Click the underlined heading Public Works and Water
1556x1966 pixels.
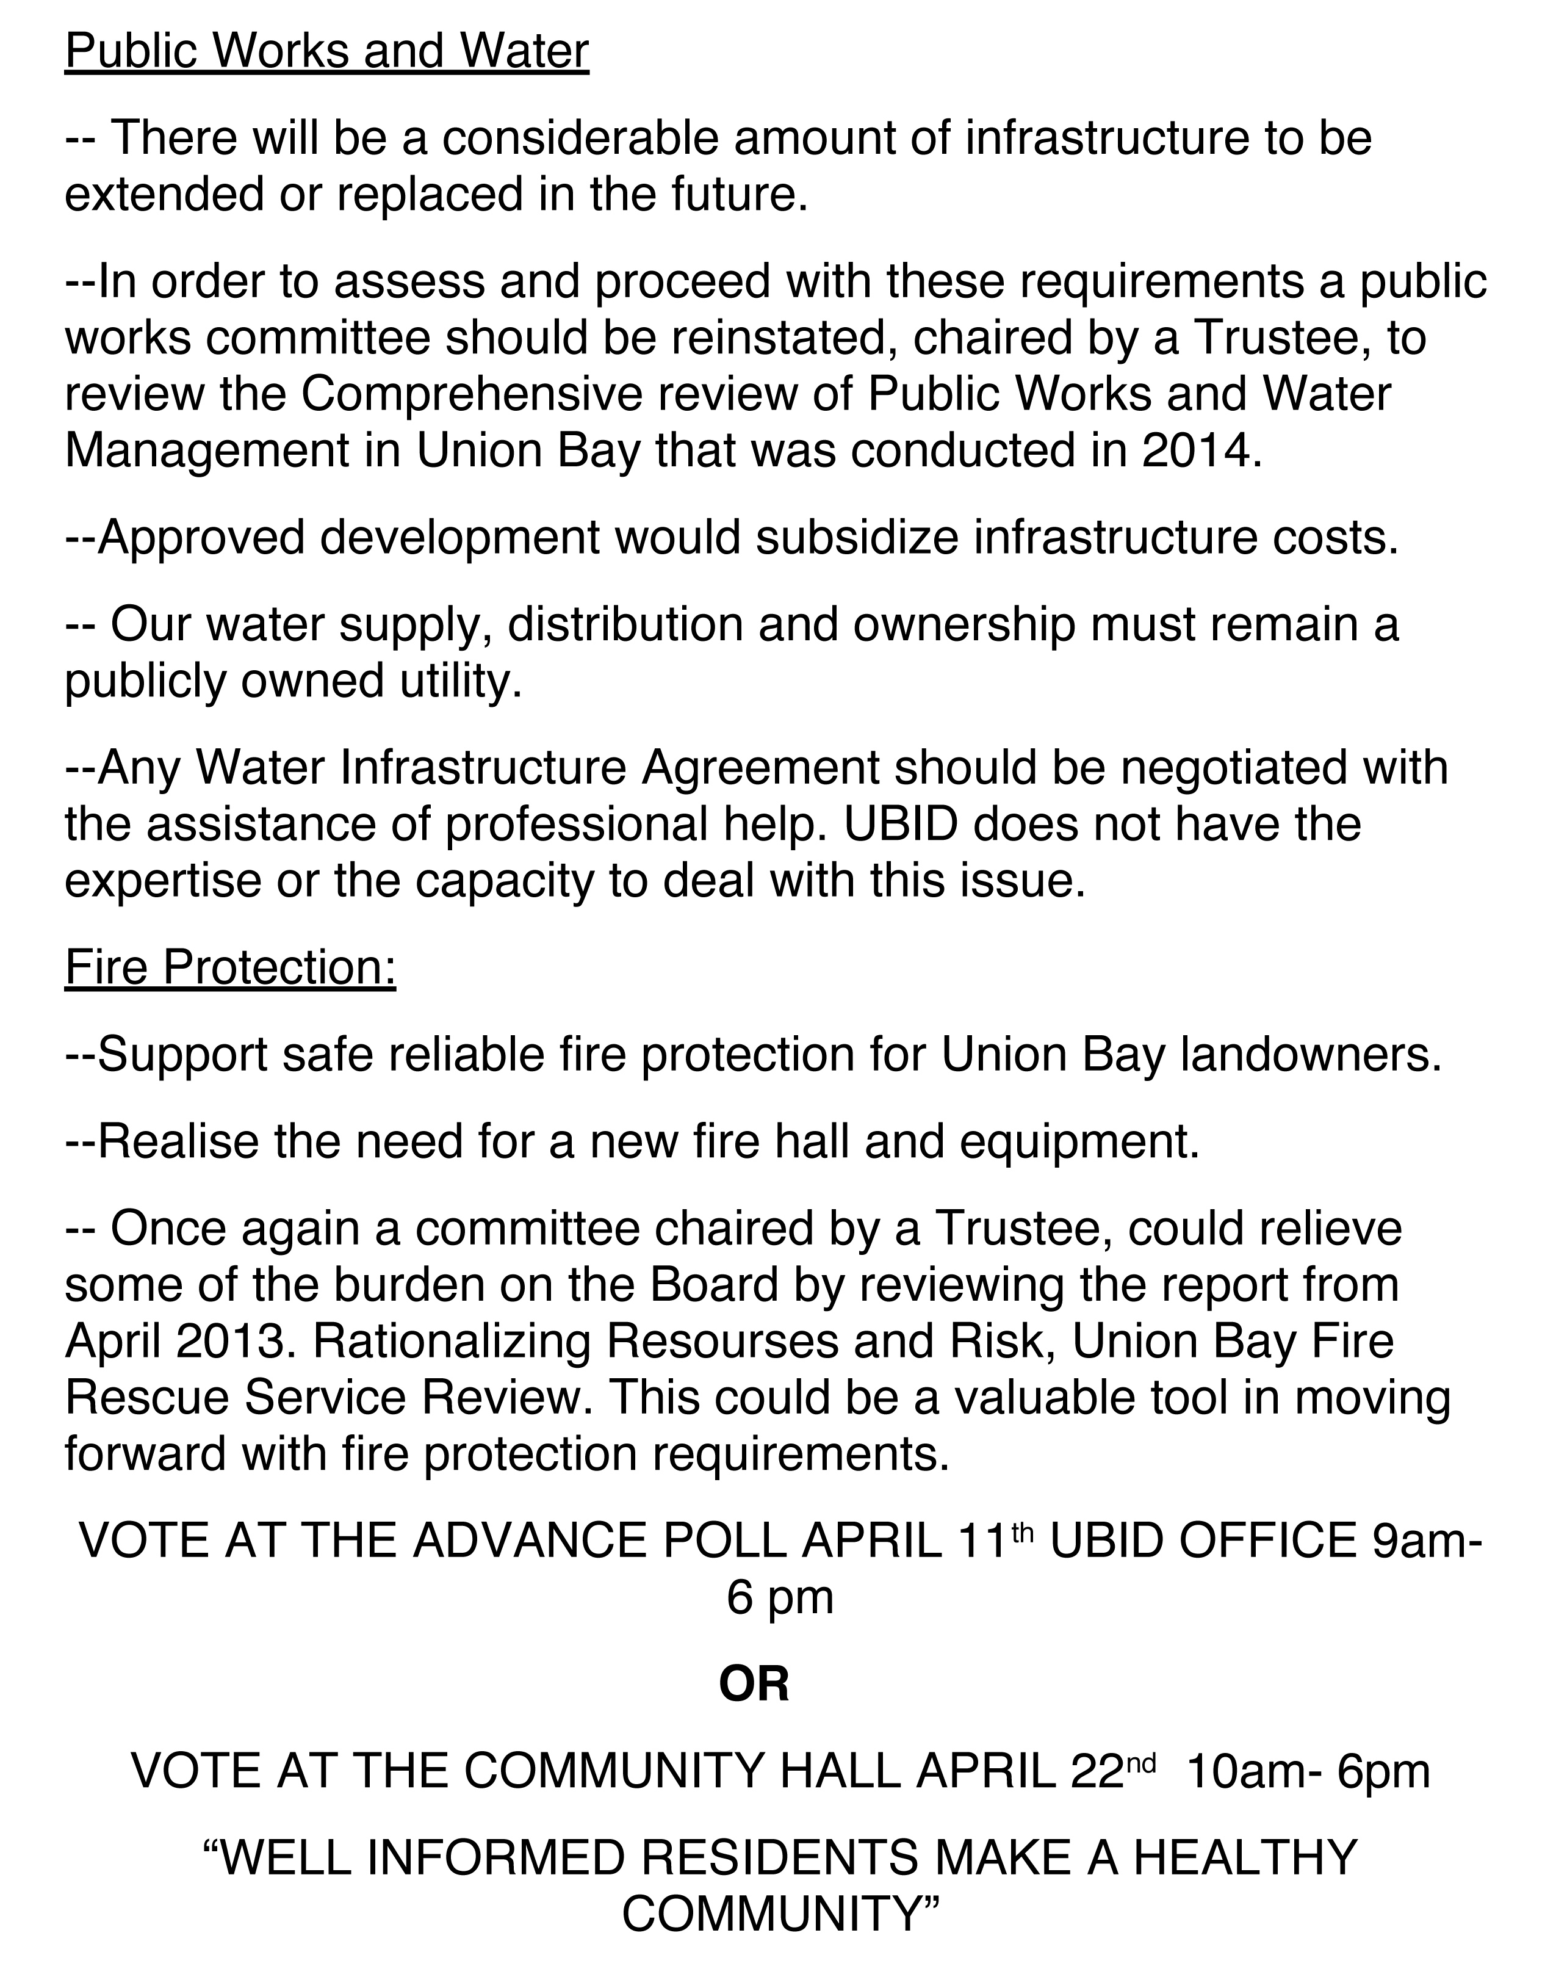tap(327, 51)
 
